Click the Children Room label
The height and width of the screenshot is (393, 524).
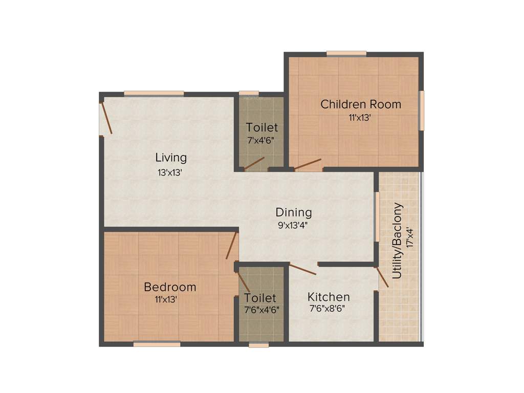coord(361,104)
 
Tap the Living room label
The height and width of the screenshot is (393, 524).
coord(171,157)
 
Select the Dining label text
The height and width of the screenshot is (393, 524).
coord(293,212)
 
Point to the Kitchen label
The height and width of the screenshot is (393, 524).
coord(329,297)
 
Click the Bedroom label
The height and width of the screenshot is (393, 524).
coord(169,287)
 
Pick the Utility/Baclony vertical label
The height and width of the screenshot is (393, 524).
coord(398,241)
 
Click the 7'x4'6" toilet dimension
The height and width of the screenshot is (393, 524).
coord(261,140)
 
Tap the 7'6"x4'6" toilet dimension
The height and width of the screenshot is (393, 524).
coord(261,309)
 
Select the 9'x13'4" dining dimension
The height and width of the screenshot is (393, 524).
coord(293,224)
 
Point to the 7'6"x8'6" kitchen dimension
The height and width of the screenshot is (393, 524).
coord(329,309)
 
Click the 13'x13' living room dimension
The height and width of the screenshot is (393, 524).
coord(170,172)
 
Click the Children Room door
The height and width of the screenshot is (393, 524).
coord(307,164)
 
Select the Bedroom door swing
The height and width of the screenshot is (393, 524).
coord(231,245)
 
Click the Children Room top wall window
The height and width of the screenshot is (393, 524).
coord(346,53)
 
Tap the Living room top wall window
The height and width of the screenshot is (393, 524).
coord(154,93)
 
